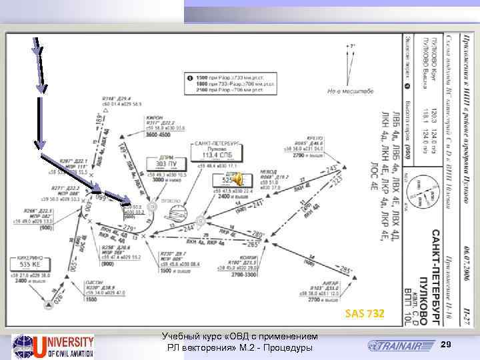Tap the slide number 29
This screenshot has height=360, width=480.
447,343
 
